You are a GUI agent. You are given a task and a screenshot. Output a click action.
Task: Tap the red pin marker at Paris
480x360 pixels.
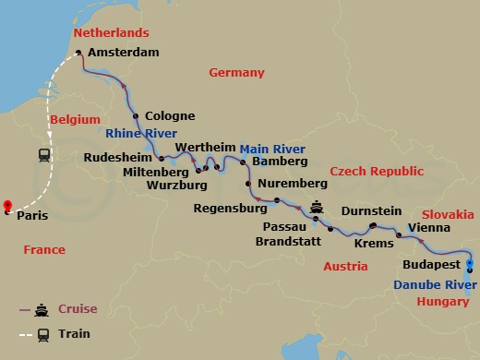coord(7,207)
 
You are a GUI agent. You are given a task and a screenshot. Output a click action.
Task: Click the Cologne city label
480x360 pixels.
coord(171,116)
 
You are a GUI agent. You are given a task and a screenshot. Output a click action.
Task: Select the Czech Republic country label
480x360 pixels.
coord(377,172)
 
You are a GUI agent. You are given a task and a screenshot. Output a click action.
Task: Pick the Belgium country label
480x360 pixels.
coord(74,121)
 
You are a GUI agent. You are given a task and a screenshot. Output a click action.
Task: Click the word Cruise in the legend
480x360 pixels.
coord(78,308)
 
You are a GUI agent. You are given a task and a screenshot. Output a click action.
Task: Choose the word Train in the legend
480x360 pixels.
coord(73,333)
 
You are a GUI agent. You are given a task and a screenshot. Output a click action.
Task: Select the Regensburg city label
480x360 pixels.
coord(230,209)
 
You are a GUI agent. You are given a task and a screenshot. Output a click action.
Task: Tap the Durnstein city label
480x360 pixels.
coord(371,211)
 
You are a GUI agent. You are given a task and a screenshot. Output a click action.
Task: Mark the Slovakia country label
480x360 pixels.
coord(447,212)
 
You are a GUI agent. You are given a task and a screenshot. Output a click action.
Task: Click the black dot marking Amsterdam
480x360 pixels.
coord(78,53)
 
